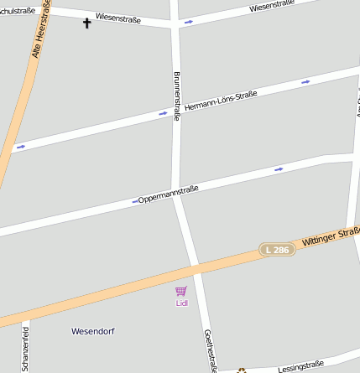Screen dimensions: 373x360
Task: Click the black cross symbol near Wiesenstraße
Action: coord(86,23)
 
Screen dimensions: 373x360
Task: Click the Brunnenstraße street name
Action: coord(177,96)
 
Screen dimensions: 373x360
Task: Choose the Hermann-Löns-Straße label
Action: coord(221,101)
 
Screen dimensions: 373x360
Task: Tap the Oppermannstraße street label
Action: coord(169,194)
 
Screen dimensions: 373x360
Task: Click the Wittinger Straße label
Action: coord(330,236)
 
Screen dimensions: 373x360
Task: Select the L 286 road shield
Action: coord(277,250)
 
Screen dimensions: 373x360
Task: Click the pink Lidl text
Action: coord(181,303)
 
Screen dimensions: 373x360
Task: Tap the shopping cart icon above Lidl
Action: coord(180,292)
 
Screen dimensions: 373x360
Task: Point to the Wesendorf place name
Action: coord(91,330)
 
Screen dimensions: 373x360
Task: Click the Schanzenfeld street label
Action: coord(25,347)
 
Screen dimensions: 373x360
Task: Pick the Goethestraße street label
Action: coord(211,350)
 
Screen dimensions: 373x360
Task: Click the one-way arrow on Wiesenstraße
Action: coord(188,22)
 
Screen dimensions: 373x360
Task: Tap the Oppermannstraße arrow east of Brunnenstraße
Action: coord(278,169)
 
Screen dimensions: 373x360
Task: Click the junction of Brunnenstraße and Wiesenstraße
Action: coord(175,26)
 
